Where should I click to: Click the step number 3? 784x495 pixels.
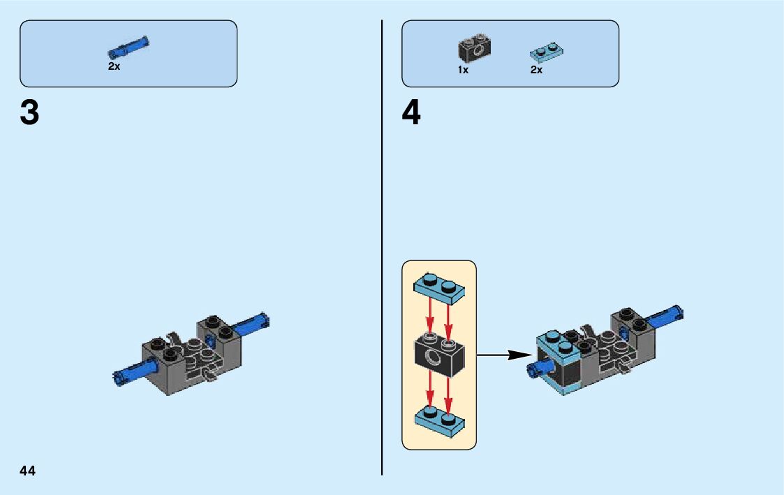tap(29, 113)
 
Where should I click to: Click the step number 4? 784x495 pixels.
tap(411, 113)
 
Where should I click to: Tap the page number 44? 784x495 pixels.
tap(27, 471)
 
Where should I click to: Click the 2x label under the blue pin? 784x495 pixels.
tap(114, 67)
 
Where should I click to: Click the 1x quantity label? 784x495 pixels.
tap(463, 71)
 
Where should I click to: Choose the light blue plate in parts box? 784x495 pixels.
tap(547, 52)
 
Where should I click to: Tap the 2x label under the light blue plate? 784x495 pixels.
tap(536, 71)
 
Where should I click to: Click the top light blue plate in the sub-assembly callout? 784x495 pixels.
tap(439, 290)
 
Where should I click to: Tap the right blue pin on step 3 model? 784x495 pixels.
tap(252, 325)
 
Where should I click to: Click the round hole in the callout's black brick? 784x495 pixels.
tap(434, 360)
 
